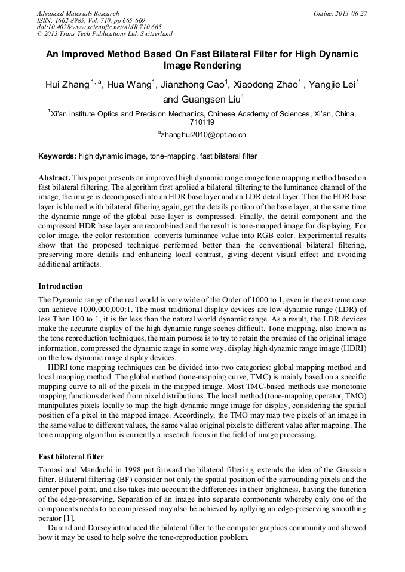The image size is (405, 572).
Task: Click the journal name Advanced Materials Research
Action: click(78, 13)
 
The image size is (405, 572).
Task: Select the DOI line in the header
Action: click(99, 27)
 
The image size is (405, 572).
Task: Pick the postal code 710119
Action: click(202, 122)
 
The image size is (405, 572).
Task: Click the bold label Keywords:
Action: click(57, 156)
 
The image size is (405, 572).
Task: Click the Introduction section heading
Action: click(60, 286)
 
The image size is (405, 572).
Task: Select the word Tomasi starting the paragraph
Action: click(51, 470)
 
